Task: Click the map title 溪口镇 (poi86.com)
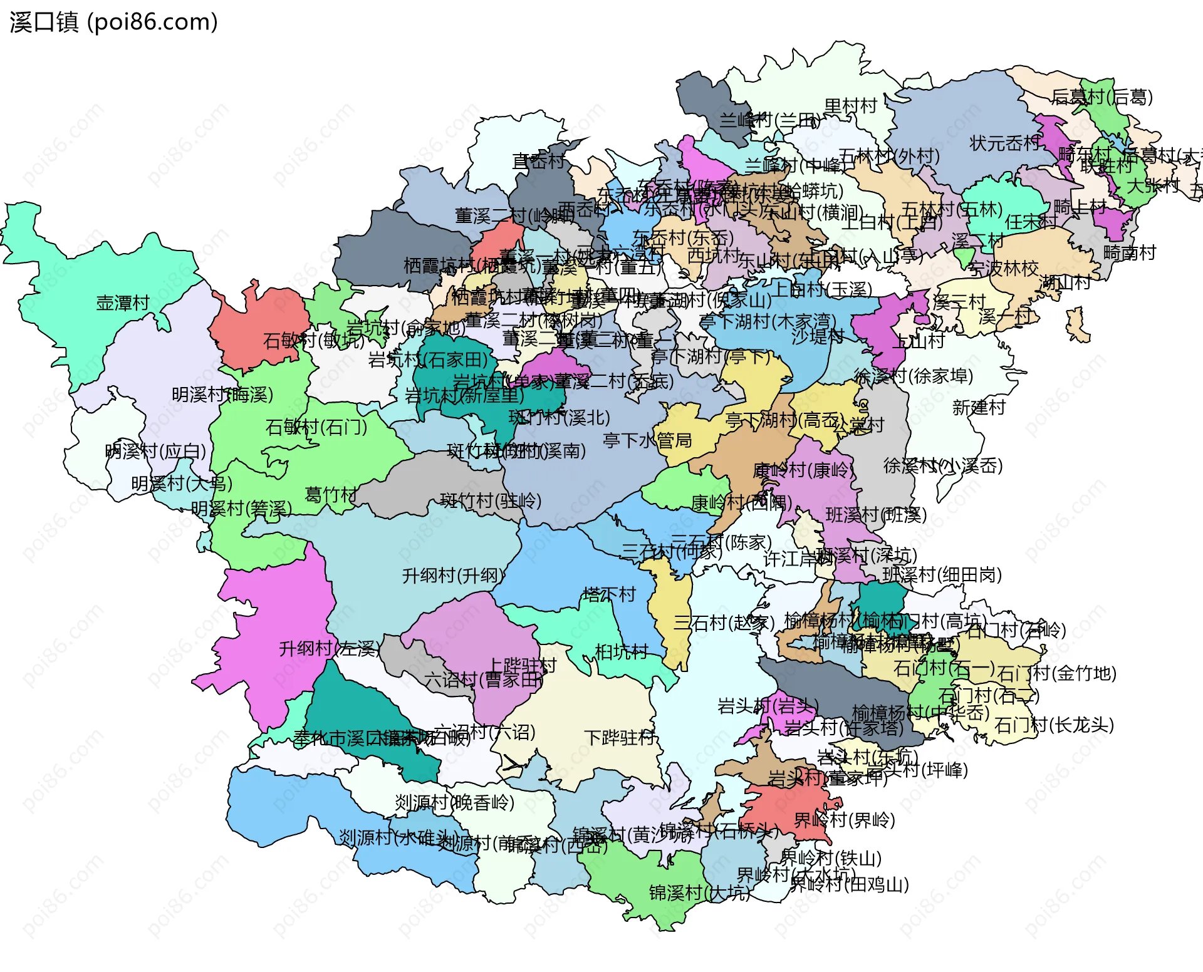tap(114, 22)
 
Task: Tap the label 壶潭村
tap(123, 303)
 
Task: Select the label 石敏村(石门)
tap(316, 427)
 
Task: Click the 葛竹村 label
tap(330, 495)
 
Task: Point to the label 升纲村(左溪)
tap(330, 648)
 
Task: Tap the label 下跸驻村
tap(620, 737)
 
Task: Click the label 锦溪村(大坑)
tap(699, 892)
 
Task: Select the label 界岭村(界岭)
tap(844, 820)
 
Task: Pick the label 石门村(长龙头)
tap(1055, 725)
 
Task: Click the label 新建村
tap(979, 408)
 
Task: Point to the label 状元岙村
tap(1005, 143)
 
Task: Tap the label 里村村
tap(850, 106)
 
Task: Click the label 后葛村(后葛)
tap(1102, 96)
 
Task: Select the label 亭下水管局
tap(647, 440)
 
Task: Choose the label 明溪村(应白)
tap(156, 451)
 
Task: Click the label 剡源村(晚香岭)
tap(454, 802)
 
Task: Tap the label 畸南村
tap(1130, 253)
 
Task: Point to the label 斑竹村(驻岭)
tap(491, 500)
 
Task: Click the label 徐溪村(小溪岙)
tap(943, 465)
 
